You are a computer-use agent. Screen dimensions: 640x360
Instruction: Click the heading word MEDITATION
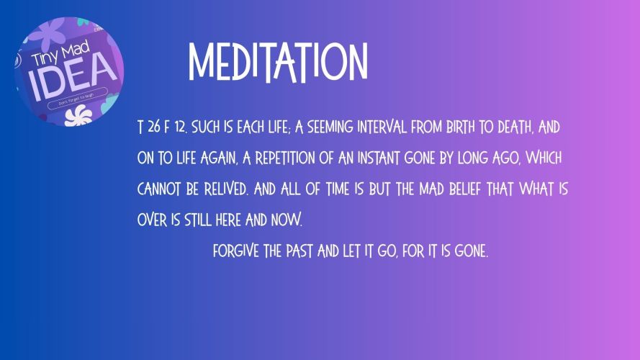pos(278,62)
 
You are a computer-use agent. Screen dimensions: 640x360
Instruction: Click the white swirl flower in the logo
pos(78,114)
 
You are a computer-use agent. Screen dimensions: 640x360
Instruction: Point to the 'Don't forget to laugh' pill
pos(78,99)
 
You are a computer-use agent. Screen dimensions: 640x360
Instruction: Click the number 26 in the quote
pos(154,127)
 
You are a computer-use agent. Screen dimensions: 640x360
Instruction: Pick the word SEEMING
pos(330,127)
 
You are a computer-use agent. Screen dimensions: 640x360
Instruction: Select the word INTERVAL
pos(382,127)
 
